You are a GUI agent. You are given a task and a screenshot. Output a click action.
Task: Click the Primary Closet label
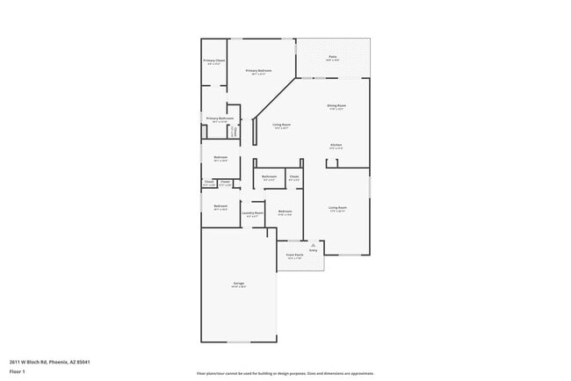(x=215, y=61)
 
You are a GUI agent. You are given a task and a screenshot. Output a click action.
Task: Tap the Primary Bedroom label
(x=258, y=70)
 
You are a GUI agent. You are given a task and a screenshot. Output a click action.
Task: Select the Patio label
(x=333, y=57)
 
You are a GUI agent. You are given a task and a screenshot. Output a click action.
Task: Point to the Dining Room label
(x=336, y=105)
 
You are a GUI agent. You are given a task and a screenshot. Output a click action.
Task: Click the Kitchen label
(x=336, y=144)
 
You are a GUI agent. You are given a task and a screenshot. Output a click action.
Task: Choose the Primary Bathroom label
(x=220, y=118)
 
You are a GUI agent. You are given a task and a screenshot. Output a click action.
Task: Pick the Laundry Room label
(x=253, y=212)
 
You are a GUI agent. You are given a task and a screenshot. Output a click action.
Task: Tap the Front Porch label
(x=294, y=255)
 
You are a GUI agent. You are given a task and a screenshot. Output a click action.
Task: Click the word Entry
(x=313, y=250)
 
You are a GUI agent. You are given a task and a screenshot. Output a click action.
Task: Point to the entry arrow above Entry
(x=313, y=245)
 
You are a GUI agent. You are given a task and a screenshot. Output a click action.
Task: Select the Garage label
(x=238, y=284)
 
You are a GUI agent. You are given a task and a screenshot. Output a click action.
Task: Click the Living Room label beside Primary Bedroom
(x=281, y=125)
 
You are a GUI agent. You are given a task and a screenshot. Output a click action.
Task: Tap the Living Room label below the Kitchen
(x=337, y=208)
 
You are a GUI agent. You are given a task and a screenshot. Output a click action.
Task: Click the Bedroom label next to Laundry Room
(x=285, y=212)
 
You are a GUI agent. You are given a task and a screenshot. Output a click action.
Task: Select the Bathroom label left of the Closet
(x=269, y=176)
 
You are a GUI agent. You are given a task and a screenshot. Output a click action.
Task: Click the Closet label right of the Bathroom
(x=293, y=176)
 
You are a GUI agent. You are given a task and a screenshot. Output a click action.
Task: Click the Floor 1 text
(x=18, y=371)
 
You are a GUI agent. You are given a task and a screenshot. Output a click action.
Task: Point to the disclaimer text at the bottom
(x=285, y=373)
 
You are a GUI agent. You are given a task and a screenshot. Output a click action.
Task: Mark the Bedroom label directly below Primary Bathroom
(x=220, y=158)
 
